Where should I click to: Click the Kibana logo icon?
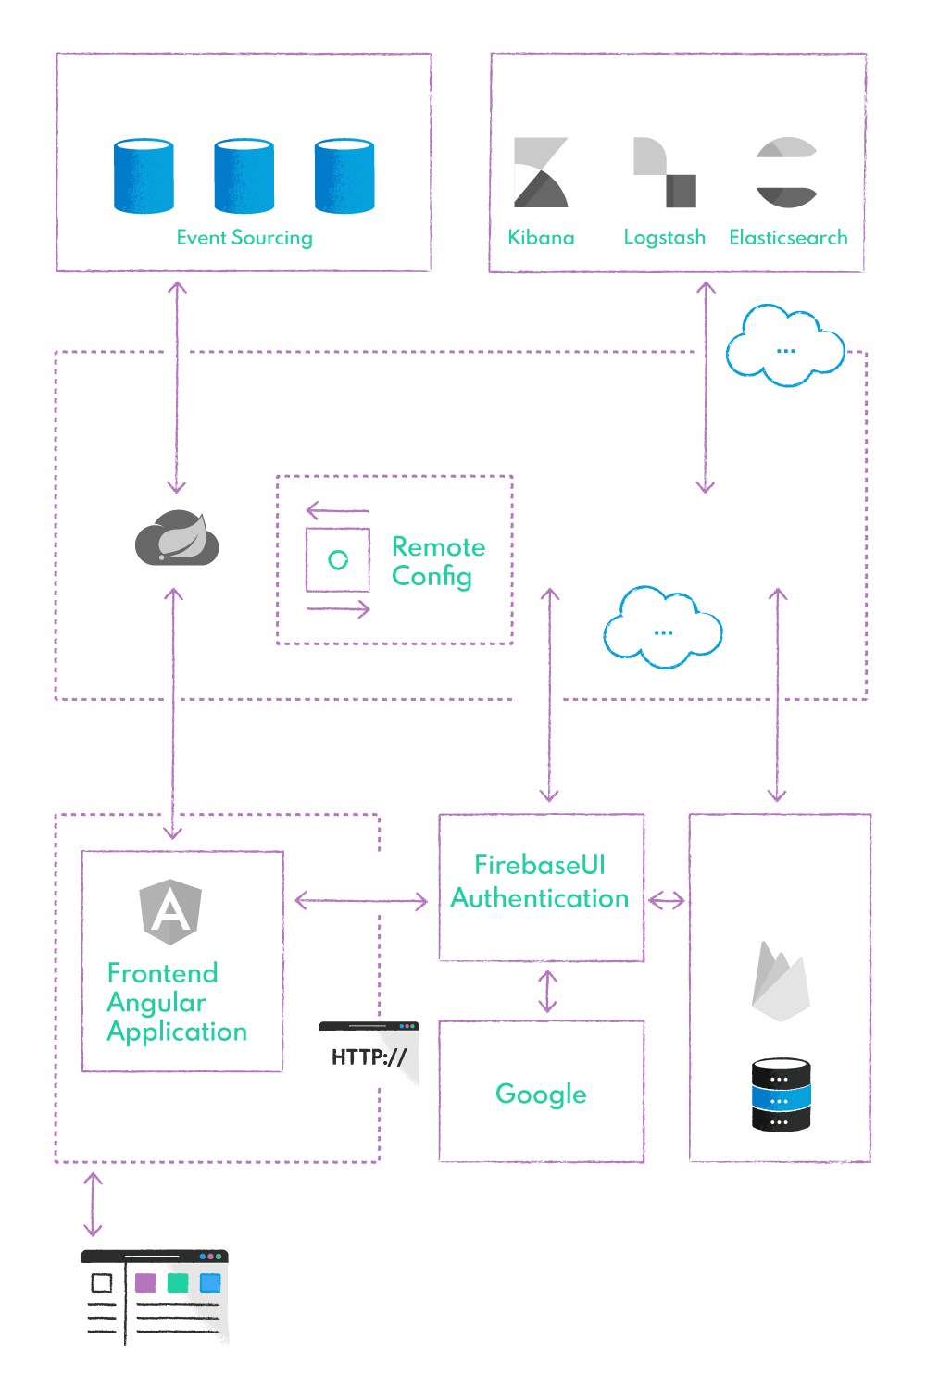tap(541, 172)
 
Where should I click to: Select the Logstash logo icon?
tap(664, 173)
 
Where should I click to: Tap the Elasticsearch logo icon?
tap(784, 172)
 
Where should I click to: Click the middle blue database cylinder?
tap(244, 176)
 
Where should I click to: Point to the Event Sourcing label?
tap(244, 238)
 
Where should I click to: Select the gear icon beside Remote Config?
tap(338, 559)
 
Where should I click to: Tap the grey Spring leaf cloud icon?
tap(177, 538)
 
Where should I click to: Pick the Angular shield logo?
tap(170, 911)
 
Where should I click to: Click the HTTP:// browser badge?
tap(369, 1055)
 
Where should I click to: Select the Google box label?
tap(541, 1094)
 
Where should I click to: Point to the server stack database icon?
tap(781, 1095)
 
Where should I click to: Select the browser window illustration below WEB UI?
tap(155, 1297)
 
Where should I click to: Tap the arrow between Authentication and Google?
tap(547, 991)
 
